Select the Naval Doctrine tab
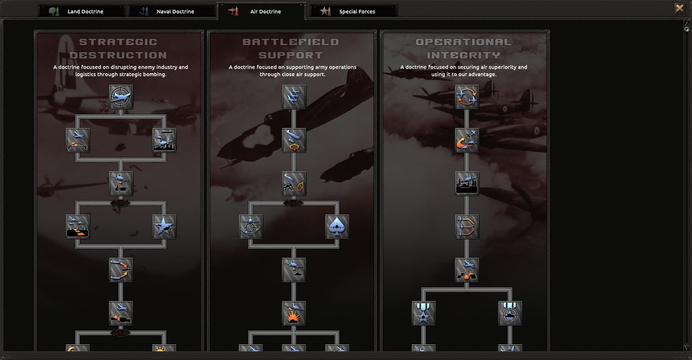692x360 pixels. point(171,11)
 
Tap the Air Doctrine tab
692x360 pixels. point(262,11)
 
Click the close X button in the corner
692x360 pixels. point(679,8)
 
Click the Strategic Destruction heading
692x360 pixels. point(119,48)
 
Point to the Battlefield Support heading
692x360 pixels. point(291,48)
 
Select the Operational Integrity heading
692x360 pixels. point(463,48)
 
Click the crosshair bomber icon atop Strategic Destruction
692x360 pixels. point(121,97)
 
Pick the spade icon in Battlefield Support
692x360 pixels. point(337,227)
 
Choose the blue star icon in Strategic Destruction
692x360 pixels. point(164,227)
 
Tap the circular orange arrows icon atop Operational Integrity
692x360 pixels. point(467,97)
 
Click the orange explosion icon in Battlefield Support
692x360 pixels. point(294,313)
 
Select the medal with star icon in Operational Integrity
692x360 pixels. point(423,313)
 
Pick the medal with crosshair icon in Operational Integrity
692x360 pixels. point(510,313)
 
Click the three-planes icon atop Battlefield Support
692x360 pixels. point(294,97)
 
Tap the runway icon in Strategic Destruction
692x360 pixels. point(77,227)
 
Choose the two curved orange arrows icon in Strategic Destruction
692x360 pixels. point(121,270)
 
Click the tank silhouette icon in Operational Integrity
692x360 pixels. point(467,183)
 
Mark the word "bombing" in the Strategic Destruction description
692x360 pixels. point(154,74)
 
